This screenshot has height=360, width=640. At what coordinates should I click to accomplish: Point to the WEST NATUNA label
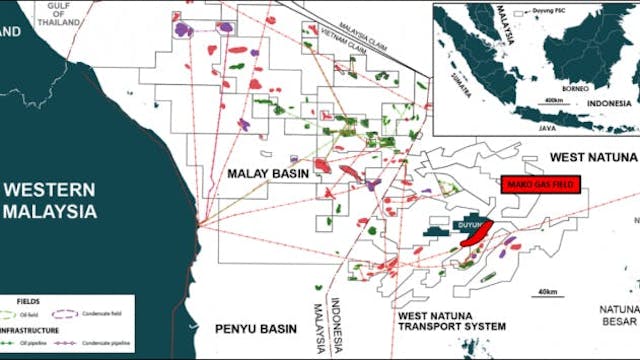[592, 158]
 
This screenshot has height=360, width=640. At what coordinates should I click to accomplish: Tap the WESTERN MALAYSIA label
[48, 200]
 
